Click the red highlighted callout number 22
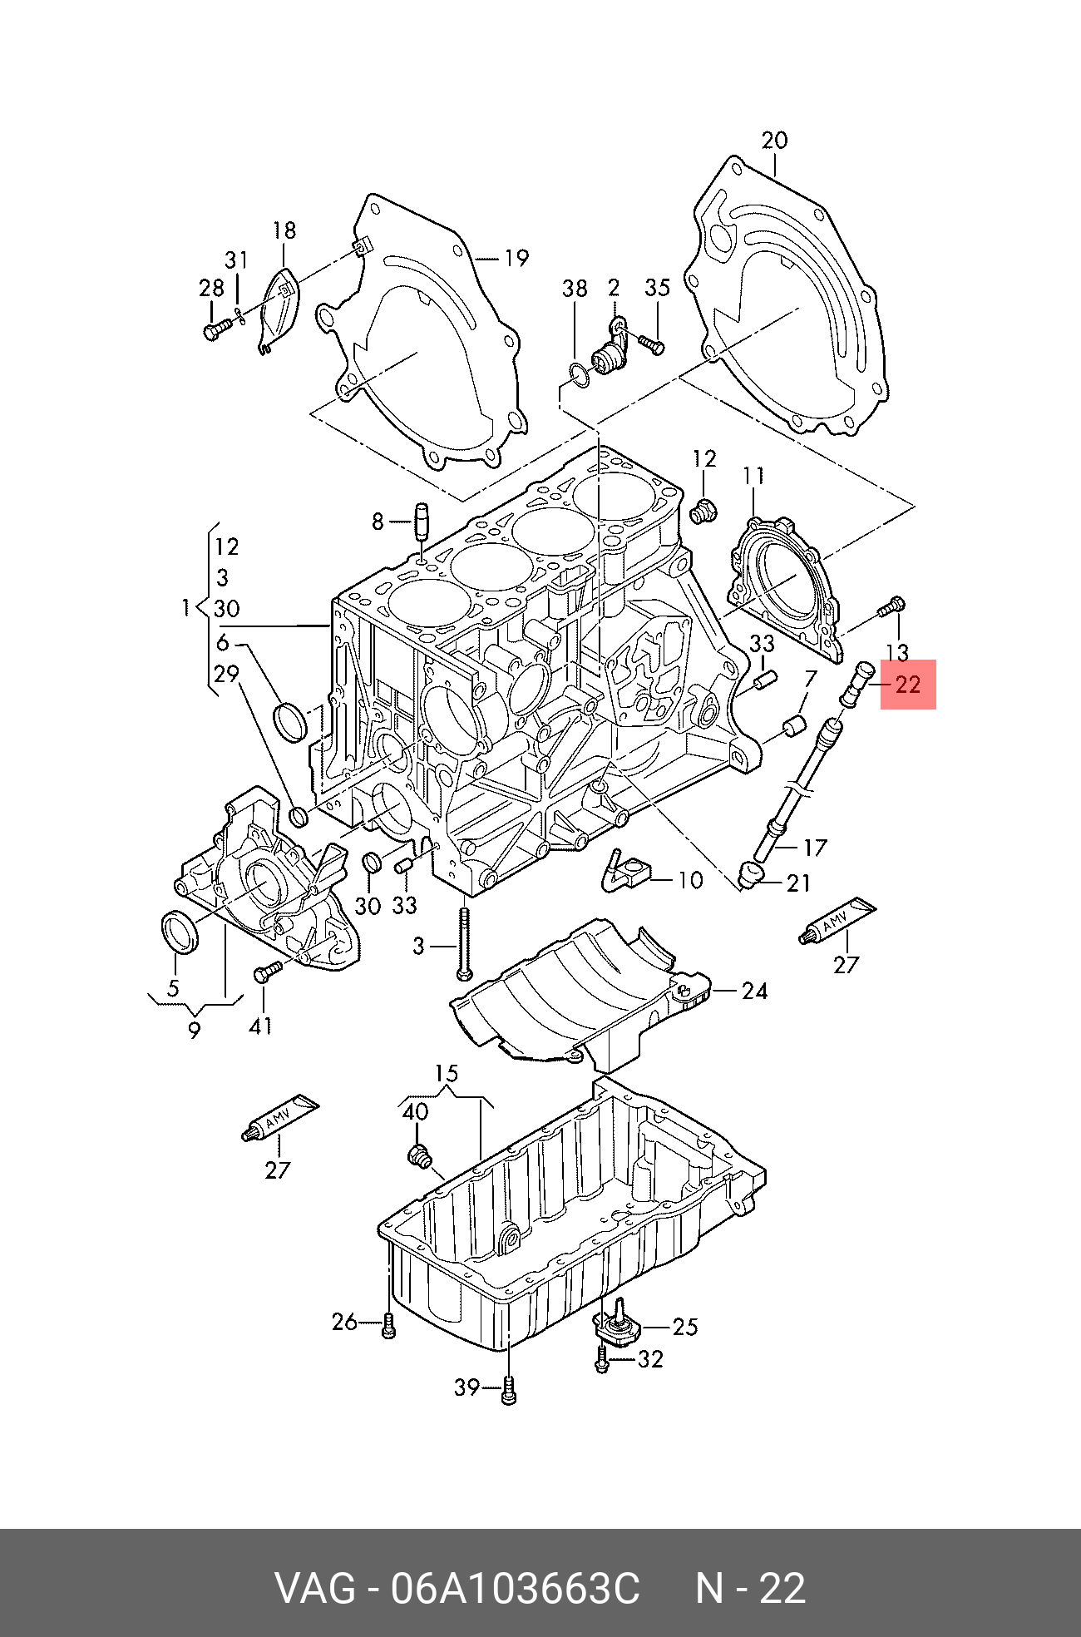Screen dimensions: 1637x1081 click(907, 685)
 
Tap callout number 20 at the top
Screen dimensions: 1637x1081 click(774, 141)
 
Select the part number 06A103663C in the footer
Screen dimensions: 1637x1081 click(516, 1588)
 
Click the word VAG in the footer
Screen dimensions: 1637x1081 click(314, 1588)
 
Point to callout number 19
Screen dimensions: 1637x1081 click(516, 258)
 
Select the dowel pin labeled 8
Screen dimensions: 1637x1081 click(421, 522)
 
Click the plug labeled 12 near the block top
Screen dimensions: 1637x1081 click(704, 511)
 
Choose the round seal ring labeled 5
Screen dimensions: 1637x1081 click(179, 932)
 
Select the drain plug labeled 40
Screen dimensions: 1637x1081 click(419, 1155)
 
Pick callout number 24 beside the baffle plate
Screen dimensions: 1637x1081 click(754, 990)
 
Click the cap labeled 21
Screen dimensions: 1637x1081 click(753, 875)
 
